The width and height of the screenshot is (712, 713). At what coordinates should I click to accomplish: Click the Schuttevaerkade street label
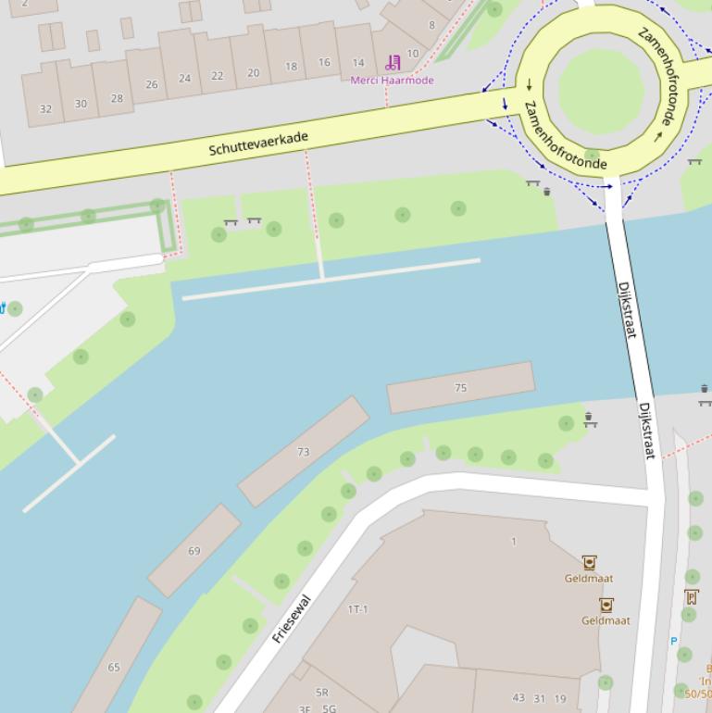tap(258, 143)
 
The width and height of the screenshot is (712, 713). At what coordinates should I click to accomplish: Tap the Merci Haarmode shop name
tap(392, 81)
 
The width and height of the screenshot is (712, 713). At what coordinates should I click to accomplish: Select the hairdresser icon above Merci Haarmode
tap(393, 63)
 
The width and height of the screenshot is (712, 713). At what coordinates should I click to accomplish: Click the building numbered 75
tap(461, 388)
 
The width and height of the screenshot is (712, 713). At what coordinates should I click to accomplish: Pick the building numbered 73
tap(303, 452)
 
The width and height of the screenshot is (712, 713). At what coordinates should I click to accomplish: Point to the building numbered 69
tap(194, 551)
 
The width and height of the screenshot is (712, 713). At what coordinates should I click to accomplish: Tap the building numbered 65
tap(114, 667)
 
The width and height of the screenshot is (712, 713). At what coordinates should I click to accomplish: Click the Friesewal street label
tap(292, 619)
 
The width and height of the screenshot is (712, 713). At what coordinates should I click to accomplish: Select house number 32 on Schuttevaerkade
tap(45, 109)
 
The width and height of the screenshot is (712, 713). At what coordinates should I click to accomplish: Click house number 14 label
tap(357, 63)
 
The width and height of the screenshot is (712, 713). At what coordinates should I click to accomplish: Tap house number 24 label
tap(184, 79)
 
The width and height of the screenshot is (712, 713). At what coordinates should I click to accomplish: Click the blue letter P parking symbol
tap(673, 641)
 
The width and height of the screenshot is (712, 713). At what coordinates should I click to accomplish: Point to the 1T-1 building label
tap(357, 609)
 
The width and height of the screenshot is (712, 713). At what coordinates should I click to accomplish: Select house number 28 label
tap(117, 98)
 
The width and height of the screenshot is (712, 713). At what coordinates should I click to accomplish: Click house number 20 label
tap(253, 72)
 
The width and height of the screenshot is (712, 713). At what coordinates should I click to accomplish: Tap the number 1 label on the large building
tap(514, 542)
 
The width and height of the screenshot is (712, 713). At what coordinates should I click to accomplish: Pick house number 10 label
tap(412, 54)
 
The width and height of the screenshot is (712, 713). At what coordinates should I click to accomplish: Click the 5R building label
tap(321, 692)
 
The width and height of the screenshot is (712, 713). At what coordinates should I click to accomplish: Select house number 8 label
tap(431, 25)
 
